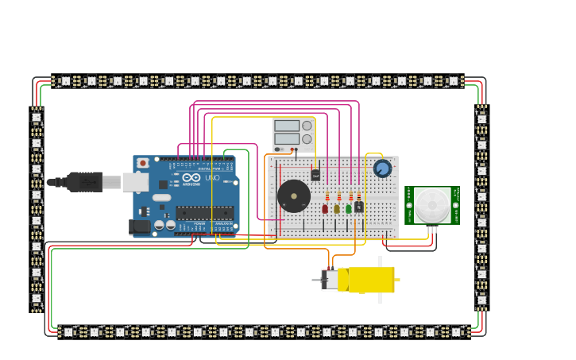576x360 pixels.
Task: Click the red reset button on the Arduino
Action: point(142,163)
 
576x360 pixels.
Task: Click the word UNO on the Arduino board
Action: point(213,178)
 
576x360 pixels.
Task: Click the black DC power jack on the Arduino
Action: point(140,226)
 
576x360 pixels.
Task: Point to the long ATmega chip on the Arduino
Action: point(204,212)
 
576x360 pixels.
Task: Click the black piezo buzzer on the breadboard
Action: point(293,195)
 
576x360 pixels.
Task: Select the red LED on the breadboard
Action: point(325,209)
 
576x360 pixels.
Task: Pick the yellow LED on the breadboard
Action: point(337,209)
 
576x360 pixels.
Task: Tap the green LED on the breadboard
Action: point(348,209)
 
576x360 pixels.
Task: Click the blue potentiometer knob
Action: point(382,168)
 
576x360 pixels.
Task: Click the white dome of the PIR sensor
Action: point(431,205)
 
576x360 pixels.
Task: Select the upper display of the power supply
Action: point(286,126)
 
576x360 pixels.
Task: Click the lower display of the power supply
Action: point(286,138)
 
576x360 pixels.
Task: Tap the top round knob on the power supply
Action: point(307,126)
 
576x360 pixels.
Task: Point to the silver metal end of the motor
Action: point(328,280)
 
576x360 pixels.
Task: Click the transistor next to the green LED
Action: point(359,207)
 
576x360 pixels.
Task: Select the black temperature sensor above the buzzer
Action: point(315,175)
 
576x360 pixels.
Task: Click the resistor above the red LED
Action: point(327,195)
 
